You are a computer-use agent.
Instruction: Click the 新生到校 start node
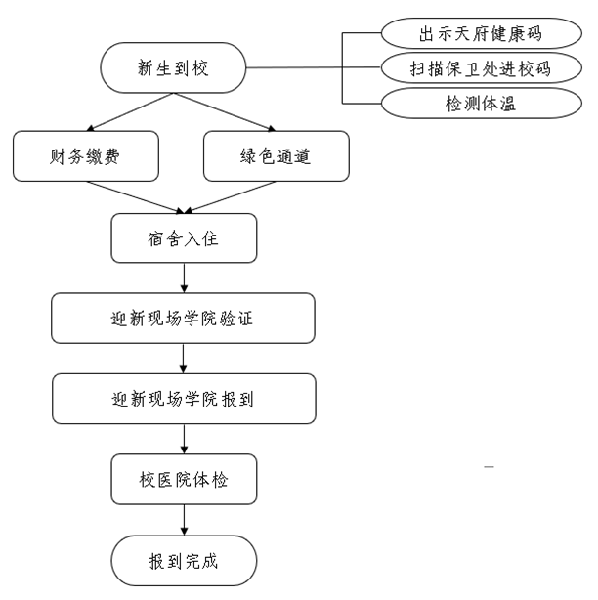click(173, 68)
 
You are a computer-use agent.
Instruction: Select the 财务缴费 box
click(86, 156)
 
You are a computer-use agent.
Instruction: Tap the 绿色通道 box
click(276, 156)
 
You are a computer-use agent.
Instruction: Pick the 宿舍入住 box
click(184, 238)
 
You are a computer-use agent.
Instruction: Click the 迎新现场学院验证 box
click(184, 319)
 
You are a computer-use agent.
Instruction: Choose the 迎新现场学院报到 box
click(184, 399)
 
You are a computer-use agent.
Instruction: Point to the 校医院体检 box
click(184, 479)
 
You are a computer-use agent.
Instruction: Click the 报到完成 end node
click(184, 561)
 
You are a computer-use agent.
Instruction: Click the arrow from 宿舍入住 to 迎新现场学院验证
click(184, 279)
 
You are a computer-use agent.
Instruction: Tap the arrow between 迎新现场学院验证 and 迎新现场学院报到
click(184, 359)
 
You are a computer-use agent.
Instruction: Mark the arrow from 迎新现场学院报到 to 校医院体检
click(184, 439)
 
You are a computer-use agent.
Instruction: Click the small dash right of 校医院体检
click(489, 470)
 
